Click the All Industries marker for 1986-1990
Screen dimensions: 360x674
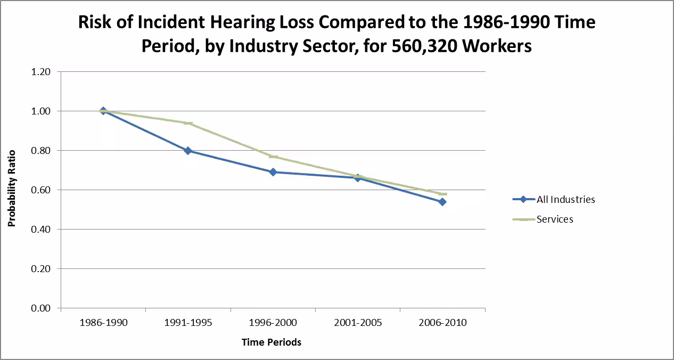(103, 111)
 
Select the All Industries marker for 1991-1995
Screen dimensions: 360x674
(188, 151)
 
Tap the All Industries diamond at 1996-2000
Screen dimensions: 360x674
(273, 172)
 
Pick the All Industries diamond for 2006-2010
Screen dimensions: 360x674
(442, 202)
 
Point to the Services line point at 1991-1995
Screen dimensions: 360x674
(188, 123)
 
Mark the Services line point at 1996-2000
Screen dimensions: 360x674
(273, 157)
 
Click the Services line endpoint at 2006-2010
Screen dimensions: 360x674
(442, 194)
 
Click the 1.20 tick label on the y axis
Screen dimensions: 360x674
(41, 72)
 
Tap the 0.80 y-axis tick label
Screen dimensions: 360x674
(41, 151)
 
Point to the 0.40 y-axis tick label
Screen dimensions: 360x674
(41, 230)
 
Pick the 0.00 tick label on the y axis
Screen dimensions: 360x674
(41, 308)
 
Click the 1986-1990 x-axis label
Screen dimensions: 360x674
(103, 323)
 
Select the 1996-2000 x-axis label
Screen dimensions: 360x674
(273, 323)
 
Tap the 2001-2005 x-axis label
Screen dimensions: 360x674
(358, 323)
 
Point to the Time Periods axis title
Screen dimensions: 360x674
(272, 342)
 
